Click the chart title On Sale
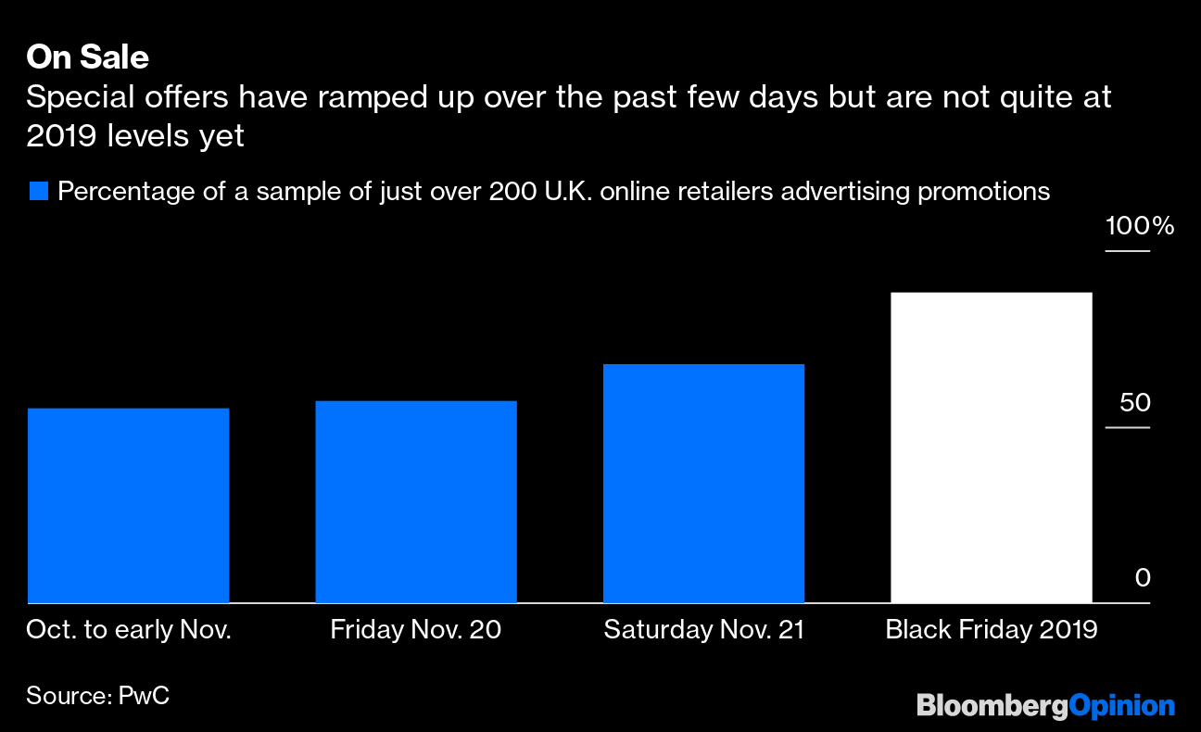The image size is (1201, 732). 87,57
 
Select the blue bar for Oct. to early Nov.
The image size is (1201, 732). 129,506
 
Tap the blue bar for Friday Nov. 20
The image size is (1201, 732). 416,502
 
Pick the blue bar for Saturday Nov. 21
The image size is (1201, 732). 703,484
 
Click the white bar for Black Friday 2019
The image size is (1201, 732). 991,448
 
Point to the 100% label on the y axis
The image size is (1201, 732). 1139,226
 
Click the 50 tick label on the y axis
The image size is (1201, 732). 1134,403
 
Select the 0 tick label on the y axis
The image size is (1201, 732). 1143,578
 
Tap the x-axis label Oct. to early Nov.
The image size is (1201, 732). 129,631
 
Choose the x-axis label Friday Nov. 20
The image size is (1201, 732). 416,631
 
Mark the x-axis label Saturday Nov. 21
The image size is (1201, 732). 703,631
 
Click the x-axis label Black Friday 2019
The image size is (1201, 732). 991,631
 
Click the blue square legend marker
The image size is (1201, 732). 38,193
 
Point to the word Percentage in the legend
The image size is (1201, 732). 122,192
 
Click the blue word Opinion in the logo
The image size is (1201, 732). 1121,706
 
